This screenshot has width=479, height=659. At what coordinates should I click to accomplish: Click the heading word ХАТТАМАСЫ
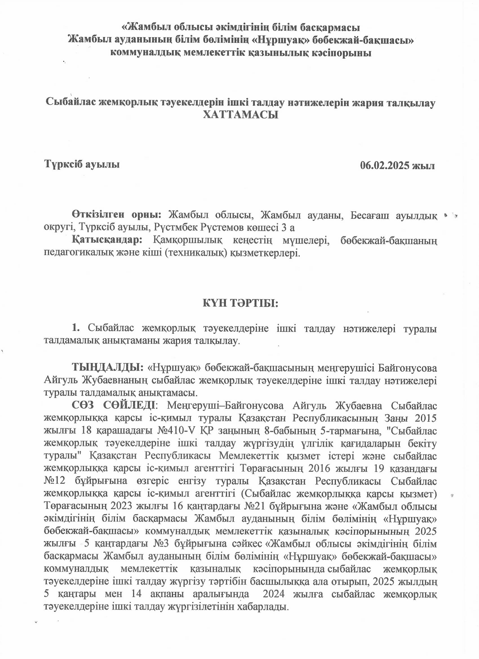click(x=241, y=115)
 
